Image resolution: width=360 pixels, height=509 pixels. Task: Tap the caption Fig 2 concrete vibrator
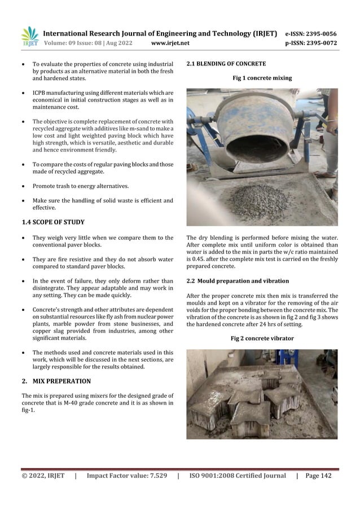[262, 339]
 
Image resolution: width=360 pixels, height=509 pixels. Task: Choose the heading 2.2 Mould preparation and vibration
[238, 280]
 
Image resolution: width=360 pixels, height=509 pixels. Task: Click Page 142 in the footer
[318, 476]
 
